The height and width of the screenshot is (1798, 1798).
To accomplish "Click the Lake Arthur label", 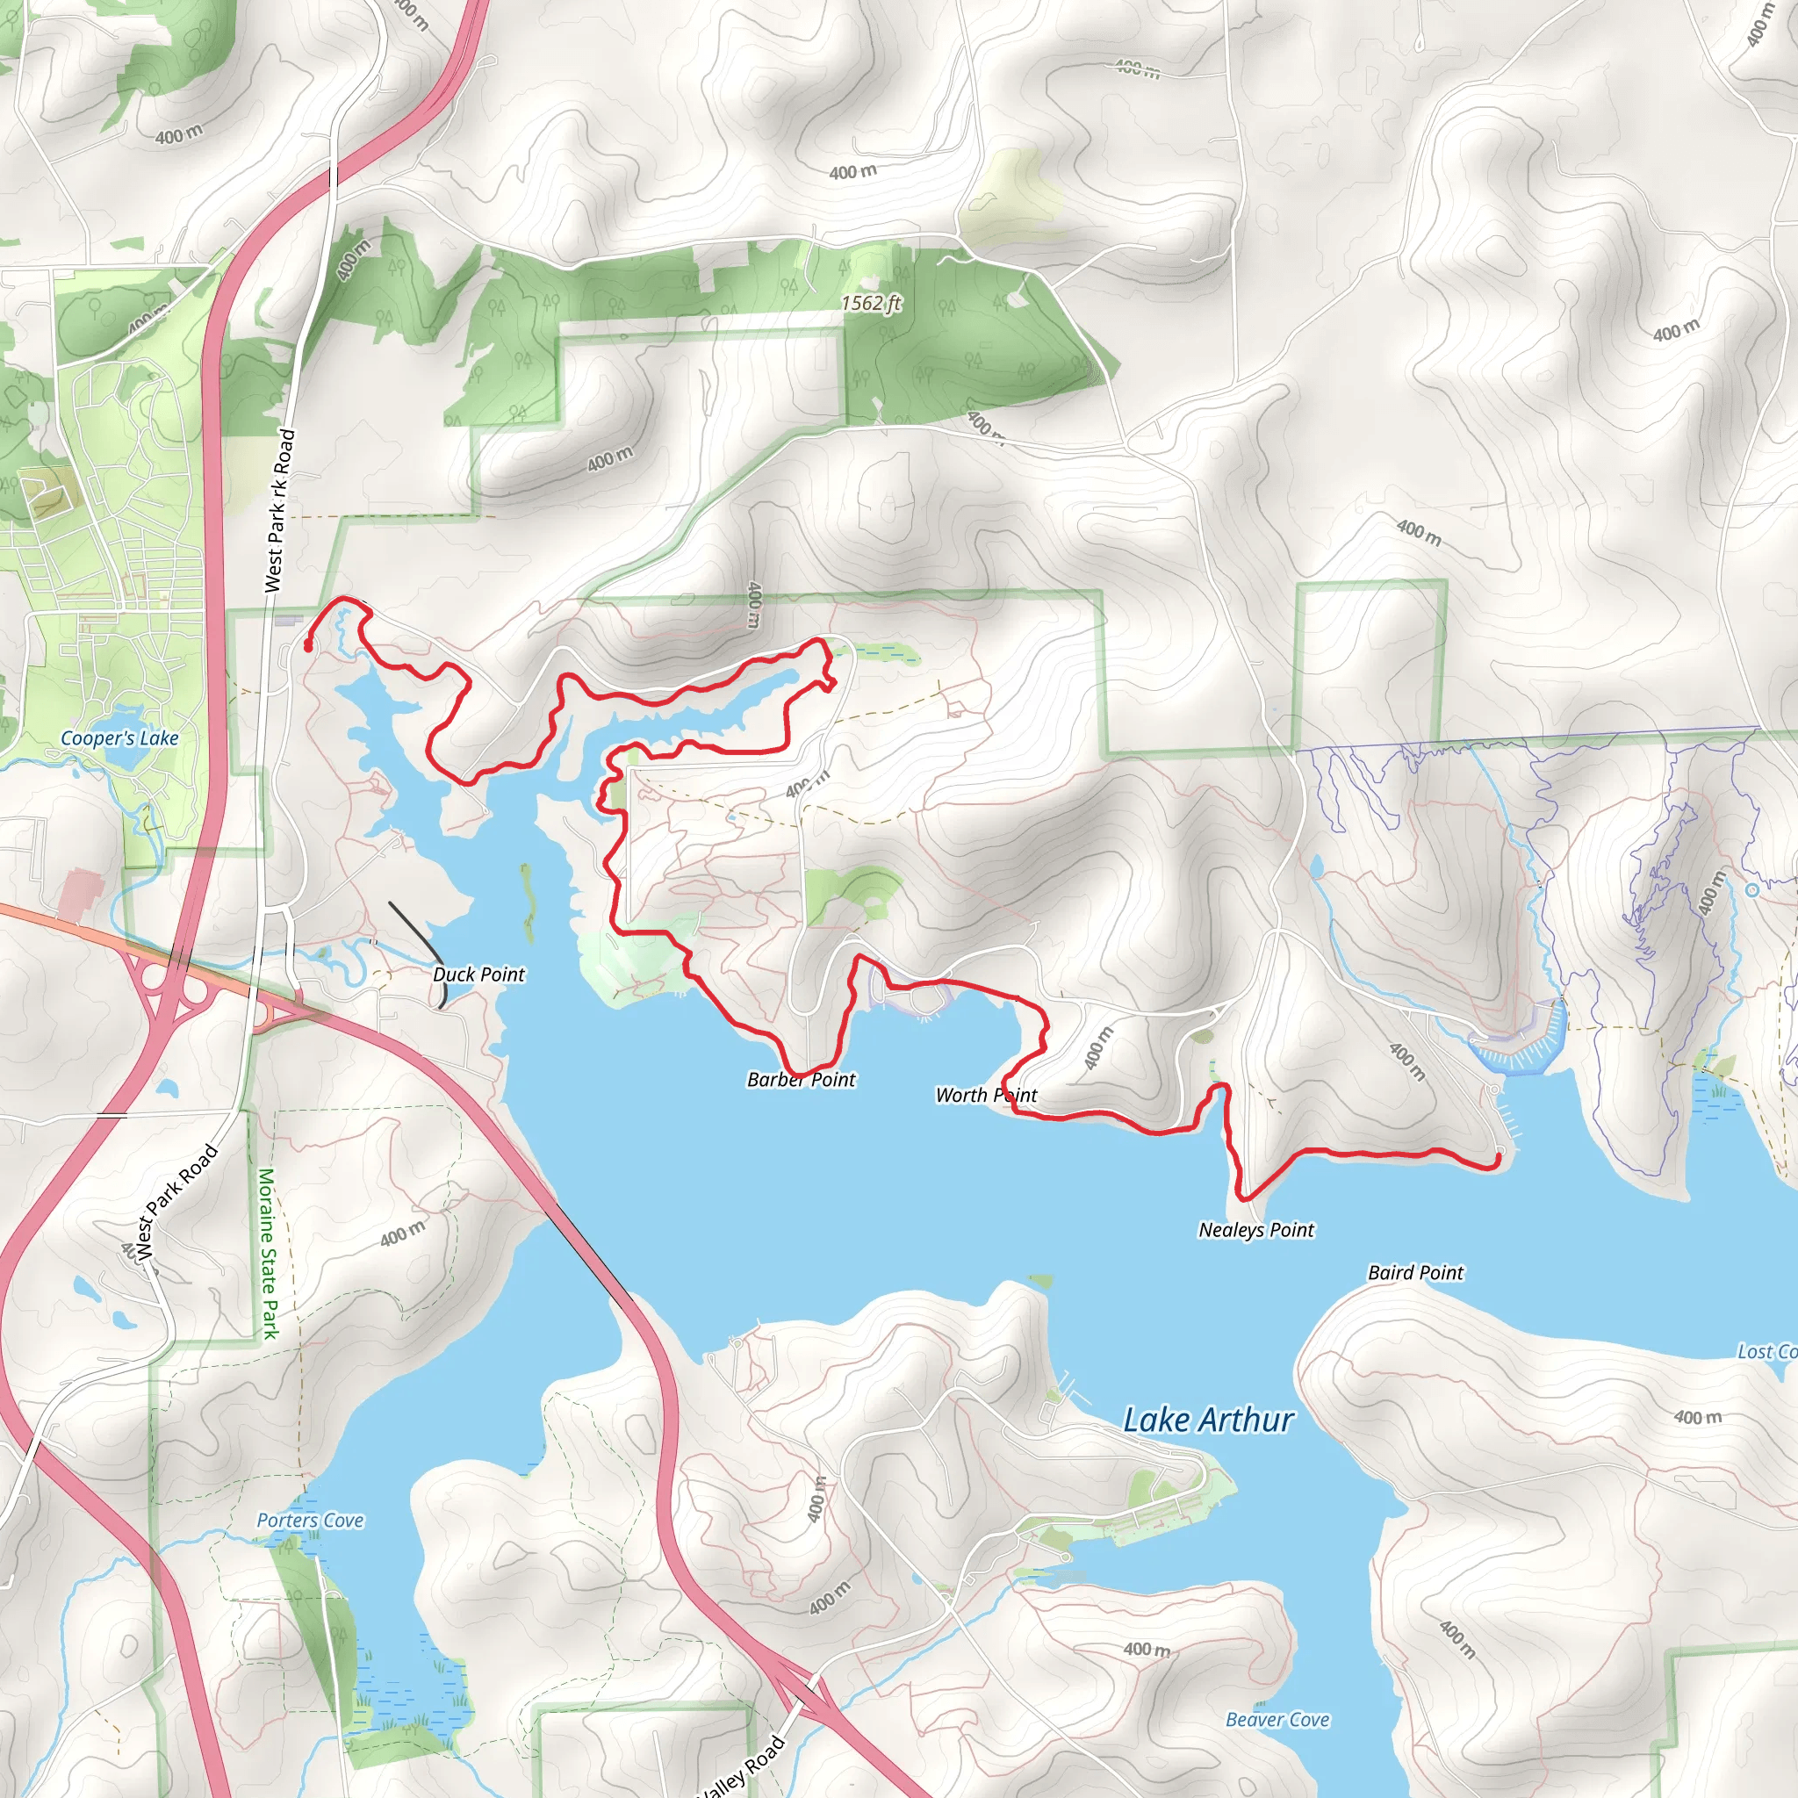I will click(1208, 1420).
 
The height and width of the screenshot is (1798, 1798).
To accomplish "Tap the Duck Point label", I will click(478, 975).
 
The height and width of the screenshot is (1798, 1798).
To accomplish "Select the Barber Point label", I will click(802, 1080).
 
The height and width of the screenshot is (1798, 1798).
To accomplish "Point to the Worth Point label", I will click(987, 1096).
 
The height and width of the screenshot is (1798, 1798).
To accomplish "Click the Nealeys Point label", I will click(1255, 1230).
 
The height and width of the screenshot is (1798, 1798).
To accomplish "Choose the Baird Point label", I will click(1415, 1272).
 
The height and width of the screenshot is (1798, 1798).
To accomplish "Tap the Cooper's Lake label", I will click(119, 738).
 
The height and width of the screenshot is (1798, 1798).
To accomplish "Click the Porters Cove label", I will click(310, 1520).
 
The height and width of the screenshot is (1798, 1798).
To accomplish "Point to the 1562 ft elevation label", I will click(871, 304).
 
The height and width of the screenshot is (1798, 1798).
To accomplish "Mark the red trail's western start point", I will click(307, 644).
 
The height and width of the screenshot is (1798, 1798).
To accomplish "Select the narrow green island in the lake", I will click(528, 901).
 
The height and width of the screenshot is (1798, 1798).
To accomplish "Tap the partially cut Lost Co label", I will click(1766, 1351).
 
